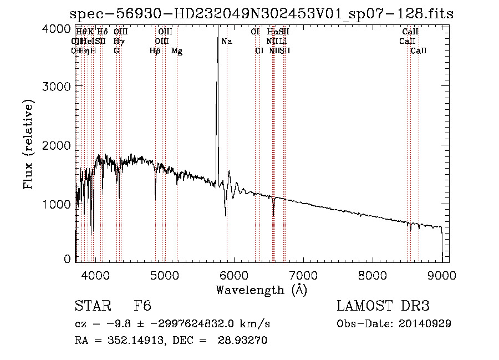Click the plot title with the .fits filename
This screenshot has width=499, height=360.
click(x=262, y=14)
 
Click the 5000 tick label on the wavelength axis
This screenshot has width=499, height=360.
click(x=165, y=275)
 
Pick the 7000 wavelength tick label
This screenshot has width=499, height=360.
click(x=303, y=275)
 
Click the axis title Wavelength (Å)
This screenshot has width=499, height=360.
click(x=261, y=289)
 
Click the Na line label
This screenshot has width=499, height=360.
click(x=227, y=42)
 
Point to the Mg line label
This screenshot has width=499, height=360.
click(x=177, y=51)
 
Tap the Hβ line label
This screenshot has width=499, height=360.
click(x=155, y=51)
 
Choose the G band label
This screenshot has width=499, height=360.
click(x=116, y=51)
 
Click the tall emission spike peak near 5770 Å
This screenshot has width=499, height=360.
click(x=217, y=33)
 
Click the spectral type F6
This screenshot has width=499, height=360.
click(x=142, y=306)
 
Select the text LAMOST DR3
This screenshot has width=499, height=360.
click(x=383, y=306)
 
